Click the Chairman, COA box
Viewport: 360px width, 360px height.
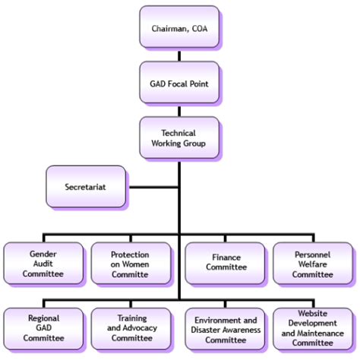pyautogui.click(x=179, y=28)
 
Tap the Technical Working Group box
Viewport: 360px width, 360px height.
pyautogui.click(x=179, y=137)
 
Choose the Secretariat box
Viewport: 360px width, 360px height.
pyautogui.click(x=86, y=186)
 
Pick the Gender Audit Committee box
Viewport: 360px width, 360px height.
pyautogui.click(x=43, y=263)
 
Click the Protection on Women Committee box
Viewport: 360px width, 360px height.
pyautogui.click(x=130, y=263)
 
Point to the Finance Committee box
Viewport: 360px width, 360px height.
pyautogui.click(x=226, y=263)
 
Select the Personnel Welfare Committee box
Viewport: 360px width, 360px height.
pyautogui.click(x=312, y=263)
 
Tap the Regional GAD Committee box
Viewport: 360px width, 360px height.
pyautogui.click(x=43, y=328)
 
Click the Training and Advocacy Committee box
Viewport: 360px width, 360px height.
pyautogui.click(x=130, y=328)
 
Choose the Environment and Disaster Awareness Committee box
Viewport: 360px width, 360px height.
pyautogui.click(x=226, y=328)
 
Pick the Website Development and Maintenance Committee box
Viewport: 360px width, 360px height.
pyautogui.click(x=312, y=328)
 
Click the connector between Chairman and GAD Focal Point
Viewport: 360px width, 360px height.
pyautogui.click(x=179, y=55)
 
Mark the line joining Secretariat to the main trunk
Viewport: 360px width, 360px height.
pyautogui.click(x=152, y=186)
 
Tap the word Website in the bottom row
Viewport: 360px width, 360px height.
pyautogui.click(x=312, y=313)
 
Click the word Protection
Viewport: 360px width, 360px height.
pyautogui.click(x=130, y=254)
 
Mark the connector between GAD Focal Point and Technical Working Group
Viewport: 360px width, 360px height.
pyautogui.click(x=179, y=110)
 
